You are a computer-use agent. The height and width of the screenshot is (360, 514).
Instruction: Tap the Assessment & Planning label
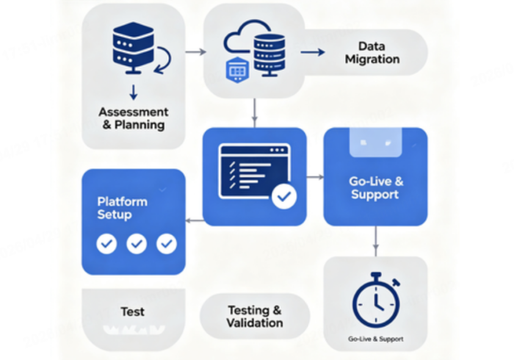point(133,118)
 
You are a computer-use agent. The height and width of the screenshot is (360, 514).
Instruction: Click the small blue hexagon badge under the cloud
point(236,71)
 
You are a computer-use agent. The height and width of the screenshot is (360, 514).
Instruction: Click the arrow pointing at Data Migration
point(313,52)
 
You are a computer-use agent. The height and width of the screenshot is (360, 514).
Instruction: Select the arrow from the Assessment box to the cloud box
point(195,52)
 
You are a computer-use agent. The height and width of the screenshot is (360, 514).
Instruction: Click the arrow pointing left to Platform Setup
point(195,220)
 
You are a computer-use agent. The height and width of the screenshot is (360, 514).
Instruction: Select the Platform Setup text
point(122,208)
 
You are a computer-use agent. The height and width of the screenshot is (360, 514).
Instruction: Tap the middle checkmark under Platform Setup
point(137,243)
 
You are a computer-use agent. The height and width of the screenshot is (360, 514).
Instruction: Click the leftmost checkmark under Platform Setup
point(106,243)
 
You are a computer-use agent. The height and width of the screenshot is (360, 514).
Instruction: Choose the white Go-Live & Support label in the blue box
point(374,188)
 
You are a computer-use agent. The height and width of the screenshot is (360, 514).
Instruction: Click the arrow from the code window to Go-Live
point(315,177)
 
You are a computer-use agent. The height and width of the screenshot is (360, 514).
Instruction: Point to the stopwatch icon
point(375,300)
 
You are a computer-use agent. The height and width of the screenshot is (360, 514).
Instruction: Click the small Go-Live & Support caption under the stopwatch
point(375,339)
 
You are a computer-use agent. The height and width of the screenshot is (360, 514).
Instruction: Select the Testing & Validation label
point(255,317)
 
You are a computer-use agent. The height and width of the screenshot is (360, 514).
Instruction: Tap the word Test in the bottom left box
point(132,311)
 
